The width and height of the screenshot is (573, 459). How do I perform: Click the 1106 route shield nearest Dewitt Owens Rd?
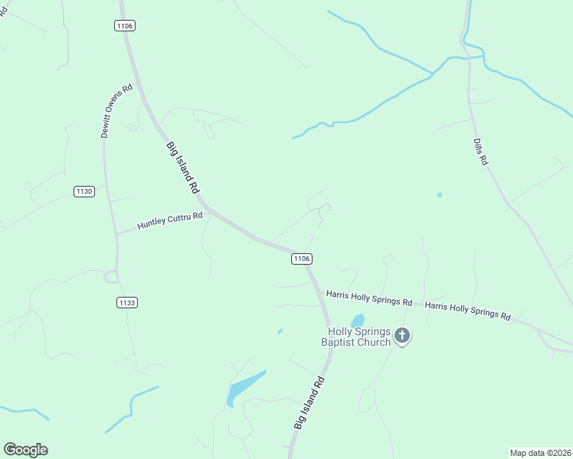pyautogui.click(x=125, y=26)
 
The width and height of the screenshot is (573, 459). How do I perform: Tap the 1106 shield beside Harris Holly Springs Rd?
pyautogui.click(x=301, y=259)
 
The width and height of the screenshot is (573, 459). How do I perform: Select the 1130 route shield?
pyautogui.click(x=84, y=191)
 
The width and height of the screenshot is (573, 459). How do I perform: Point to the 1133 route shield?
pyautogui.click(x=127, y=303)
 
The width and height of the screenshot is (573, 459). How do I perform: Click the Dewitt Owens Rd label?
pyautogui.click(x=116, y=110)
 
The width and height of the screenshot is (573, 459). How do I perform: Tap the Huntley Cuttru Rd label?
pyautogui.click(x=169, y=221)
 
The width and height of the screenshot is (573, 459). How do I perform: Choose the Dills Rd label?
pyautogui.click(x=480, y=151)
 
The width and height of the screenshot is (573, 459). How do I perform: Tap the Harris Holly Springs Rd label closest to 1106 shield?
pyautogui.click(x=369, y=298)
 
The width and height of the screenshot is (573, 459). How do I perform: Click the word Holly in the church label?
pyautogui.click(x=342, y=331)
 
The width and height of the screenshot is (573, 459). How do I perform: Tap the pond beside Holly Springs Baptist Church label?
pyautogui.click(x=357, y=320)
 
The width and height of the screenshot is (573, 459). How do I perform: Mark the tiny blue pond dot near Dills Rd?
pyautogui.click(x=439, y=194)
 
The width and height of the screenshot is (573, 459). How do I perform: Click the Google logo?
pyautogui.click(x=25, y=450)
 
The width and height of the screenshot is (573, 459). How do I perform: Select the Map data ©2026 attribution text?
pyautogui.click(x=539, y=452)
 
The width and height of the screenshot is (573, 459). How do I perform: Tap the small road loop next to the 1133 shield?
pyautogui.click(x=111, y=276)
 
